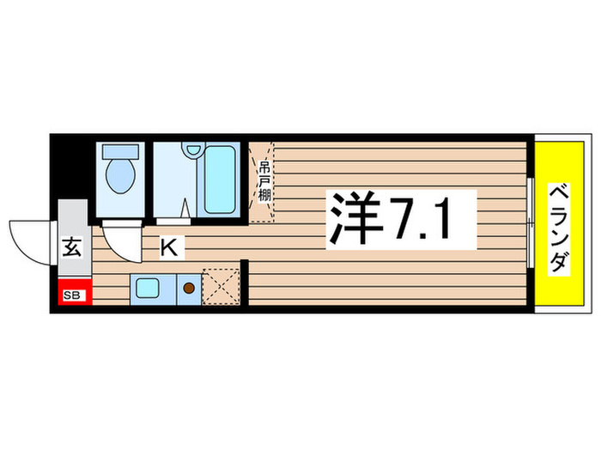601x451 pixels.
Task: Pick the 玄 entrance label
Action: click(73, 250)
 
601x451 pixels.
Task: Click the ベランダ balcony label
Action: click(559, 228)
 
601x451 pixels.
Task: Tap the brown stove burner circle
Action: click(187, 288)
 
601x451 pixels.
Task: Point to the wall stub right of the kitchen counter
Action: click(246, 283)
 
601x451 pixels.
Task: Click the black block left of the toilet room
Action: click(71, 168)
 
